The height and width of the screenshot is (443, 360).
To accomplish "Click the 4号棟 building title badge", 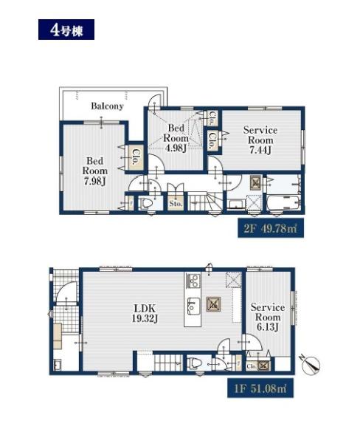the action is pyautogui.click(x=66, y=30).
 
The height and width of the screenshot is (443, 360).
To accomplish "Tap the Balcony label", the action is pyautogui.click(x=107, y=106).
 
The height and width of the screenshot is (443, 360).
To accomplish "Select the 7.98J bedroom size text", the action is pyautogui.click(x=95, y=181).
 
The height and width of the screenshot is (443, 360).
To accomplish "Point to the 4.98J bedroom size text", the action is pyautogui.click(x=176, y=148).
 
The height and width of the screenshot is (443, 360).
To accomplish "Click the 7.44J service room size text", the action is pyautogui.click(x=260, y=150).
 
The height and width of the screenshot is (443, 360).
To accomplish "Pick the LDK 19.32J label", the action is pyautogui.click(x=145, y=313).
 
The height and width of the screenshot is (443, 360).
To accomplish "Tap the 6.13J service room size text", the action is pyautogui.click(x=268, y=327).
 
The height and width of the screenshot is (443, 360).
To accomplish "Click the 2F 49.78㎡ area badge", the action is pyautogui.click(x=271, y=227).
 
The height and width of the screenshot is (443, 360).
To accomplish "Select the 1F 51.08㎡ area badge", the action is pyautogui.click(x=260, y=388).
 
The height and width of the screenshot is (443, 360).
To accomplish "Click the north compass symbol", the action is pyautogui.click(x=311, y=365).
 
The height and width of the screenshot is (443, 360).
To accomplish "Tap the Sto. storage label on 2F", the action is pyautogui.click(x=176, y=204).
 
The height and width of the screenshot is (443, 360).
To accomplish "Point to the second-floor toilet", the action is pyautogui.click(x=147, y=204).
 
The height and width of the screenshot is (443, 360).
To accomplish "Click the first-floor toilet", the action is pyautogui.click(x=195, y=363).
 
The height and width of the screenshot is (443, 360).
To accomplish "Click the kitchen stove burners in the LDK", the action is pyautogui.click(x=193, y=281).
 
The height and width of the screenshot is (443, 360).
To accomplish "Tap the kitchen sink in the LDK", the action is pyautogui.click(x=193, y=306).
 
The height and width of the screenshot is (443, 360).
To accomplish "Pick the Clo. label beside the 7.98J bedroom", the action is pyautogui.click(x=135, y=157).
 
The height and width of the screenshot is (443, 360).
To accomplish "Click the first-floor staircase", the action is pyautogui.click(x=168, y=363).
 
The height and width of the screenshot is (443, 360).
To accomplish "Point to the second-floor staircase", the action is pyautogui.click(x=206, y=201).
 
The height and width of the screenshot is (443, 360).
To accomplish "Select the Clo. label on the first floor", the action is pyautogui.click(x=251, y=366).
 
